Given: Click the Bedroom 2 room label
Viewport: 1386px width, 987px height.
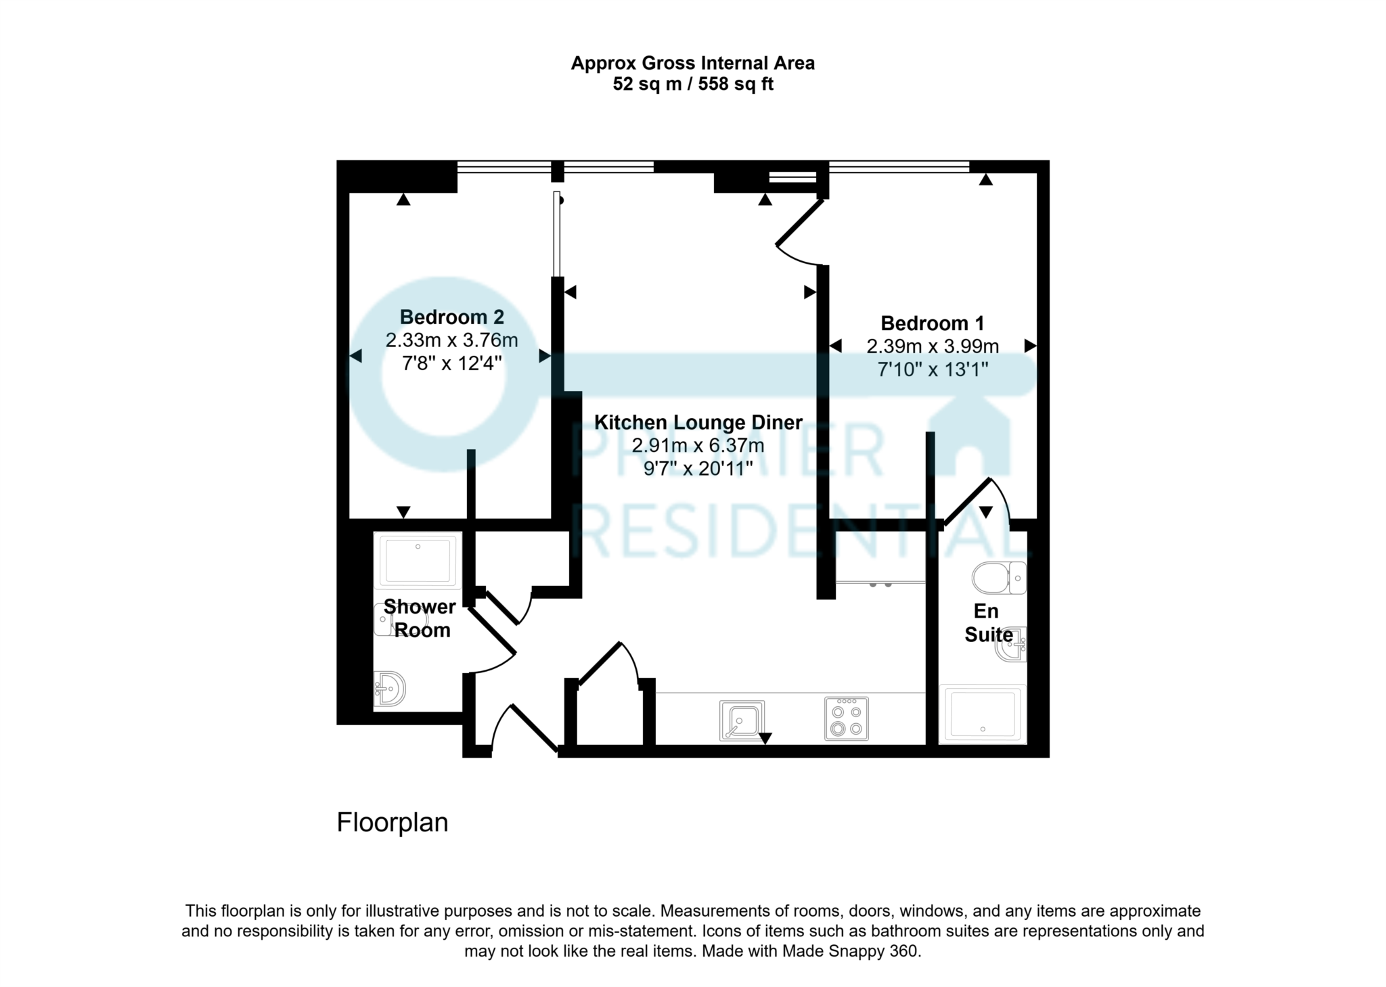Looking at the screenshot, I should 451,317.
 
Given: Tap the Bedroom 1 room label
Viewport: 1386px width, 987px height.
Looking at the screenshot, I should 932,323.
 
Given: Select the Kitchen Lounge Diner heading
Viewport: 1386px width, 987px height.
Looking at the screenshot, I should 698,423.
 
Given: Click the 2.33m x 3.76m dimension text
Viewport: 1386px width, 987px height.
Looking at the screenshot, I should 451,340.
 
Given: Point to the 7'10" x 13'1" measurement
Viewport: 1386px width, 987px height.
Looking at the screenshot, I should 932,370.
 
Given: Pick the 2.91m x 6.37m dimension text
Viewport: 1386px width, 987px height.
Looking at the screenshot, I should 698,446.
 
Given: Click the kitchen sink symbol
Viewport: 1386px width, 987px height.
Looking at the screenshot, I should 742,720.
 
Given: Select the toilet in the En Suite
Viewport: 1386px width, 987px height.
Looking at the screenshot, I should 999,578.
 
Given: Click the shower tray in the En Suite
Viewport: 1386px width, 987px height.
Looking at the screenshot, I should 983,714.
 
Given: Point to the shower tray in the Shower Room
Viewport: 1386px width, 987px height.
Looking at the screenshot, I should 418,559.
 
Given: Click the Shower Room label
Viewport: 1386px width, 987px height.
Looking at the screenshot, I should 420,618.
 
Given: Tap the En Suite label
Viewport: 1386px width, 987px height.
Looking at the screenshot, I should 987,623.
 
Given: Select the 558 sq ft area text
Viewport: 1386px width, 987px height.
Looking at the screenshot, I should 736,85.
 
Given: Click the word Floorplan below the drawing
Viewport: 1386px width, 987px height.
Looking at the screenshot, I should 393,823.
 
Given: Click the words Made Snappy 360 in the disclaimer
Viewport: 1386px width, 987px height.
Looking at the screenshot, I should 851,951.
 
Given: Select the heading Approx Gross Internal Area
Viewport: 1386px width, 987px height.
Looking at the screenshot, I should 692,64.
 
